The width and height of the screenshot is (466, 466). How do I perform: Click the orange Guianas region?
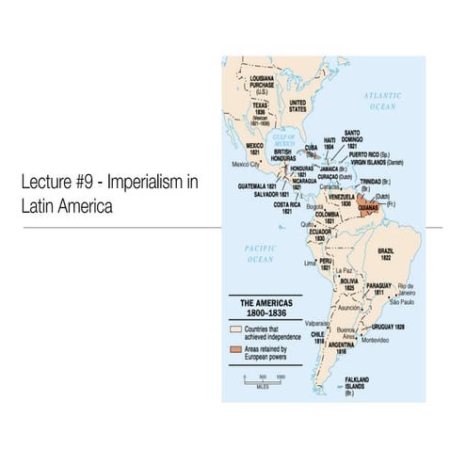pyautogui.click(x=364, y=201)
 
